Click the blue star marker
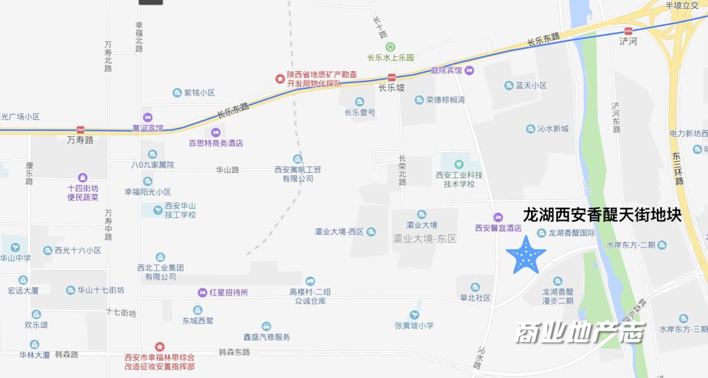coord(526,256)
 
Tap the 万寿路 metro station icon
coord(80,130)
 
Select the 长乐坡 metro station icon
coord(391,77)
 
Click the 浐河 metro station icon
coord(628,31)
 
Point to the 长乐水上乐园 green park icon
coord(390,47)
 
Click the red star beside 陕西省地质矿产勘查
coord(280,79)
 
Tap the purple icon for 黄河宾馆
coord(147,117)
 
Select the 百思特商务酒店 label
coord(216,143)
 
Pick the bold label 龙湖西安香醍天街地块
coord(602,215)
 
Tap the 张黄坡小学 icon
coord(414,315)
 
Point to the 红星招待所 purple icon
coord(203,292)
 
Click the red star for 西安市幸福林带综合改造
coord(159,347)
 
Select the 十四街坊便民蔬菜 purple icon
coord(83,178)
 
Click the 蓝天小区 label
coord(531,86)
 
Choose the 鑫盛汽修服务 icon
coord(266,326)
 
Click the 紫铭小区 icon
coord(176,93)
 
